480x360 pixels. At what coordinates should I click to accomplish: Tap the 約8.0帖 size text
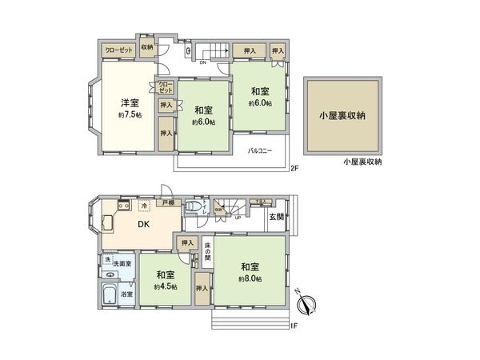(250, 278)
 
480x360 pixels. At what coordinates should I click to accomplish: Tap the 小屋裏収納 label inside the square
(343, 116)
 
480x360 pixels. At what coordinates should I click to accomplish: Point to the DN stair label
(203, 62)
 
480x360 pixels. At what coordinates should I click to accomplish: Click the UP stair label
(237, 218)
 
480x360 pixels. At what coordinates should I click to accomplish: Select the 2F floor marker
(294, 168)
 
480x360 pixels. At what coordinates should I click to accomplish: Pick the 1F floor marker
(294, 324)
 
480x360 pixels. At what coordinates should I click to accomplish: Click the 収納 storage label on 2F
(146, 47)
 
